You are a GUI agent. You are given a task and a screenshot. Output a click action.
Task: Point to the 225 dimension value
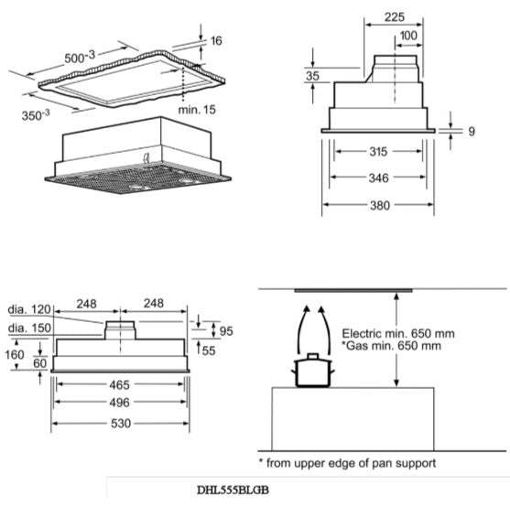point(395,17)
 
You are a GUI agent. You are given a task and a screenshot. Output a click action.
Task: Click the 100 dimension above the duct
point(409,35)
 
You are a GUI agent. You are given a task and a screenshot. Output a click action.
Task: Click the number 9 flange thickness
point(472,132)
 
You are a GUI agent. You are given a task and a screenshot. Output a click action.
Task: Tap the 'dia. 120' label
point(27,311)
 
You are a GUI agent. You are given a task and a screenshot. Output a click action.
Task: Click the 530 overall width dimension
point(121,424)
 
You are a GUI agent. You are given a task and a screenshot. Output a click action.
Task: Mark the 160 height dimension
point(16,354)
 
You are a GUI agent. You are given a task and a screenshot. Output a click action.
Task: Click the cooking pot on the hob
point(310,370)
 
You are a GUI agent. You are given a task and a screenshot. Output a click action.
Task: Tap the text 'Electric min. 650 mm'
point(398,333)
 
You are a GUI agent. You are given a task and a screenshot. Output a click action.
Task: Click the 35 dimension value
point(312,77)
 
